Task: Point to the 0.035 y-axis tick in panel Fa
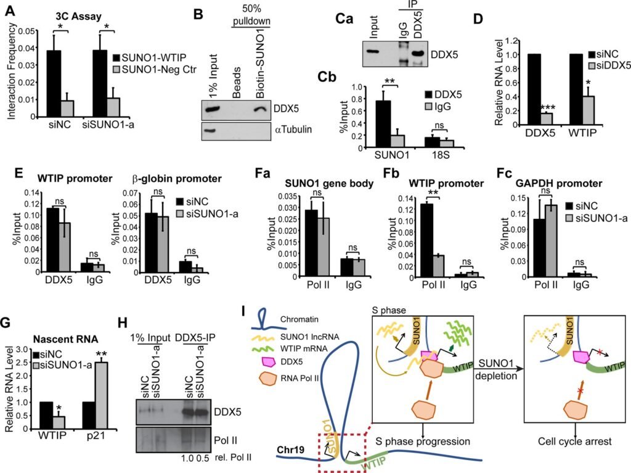click(x=302, y=195)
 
